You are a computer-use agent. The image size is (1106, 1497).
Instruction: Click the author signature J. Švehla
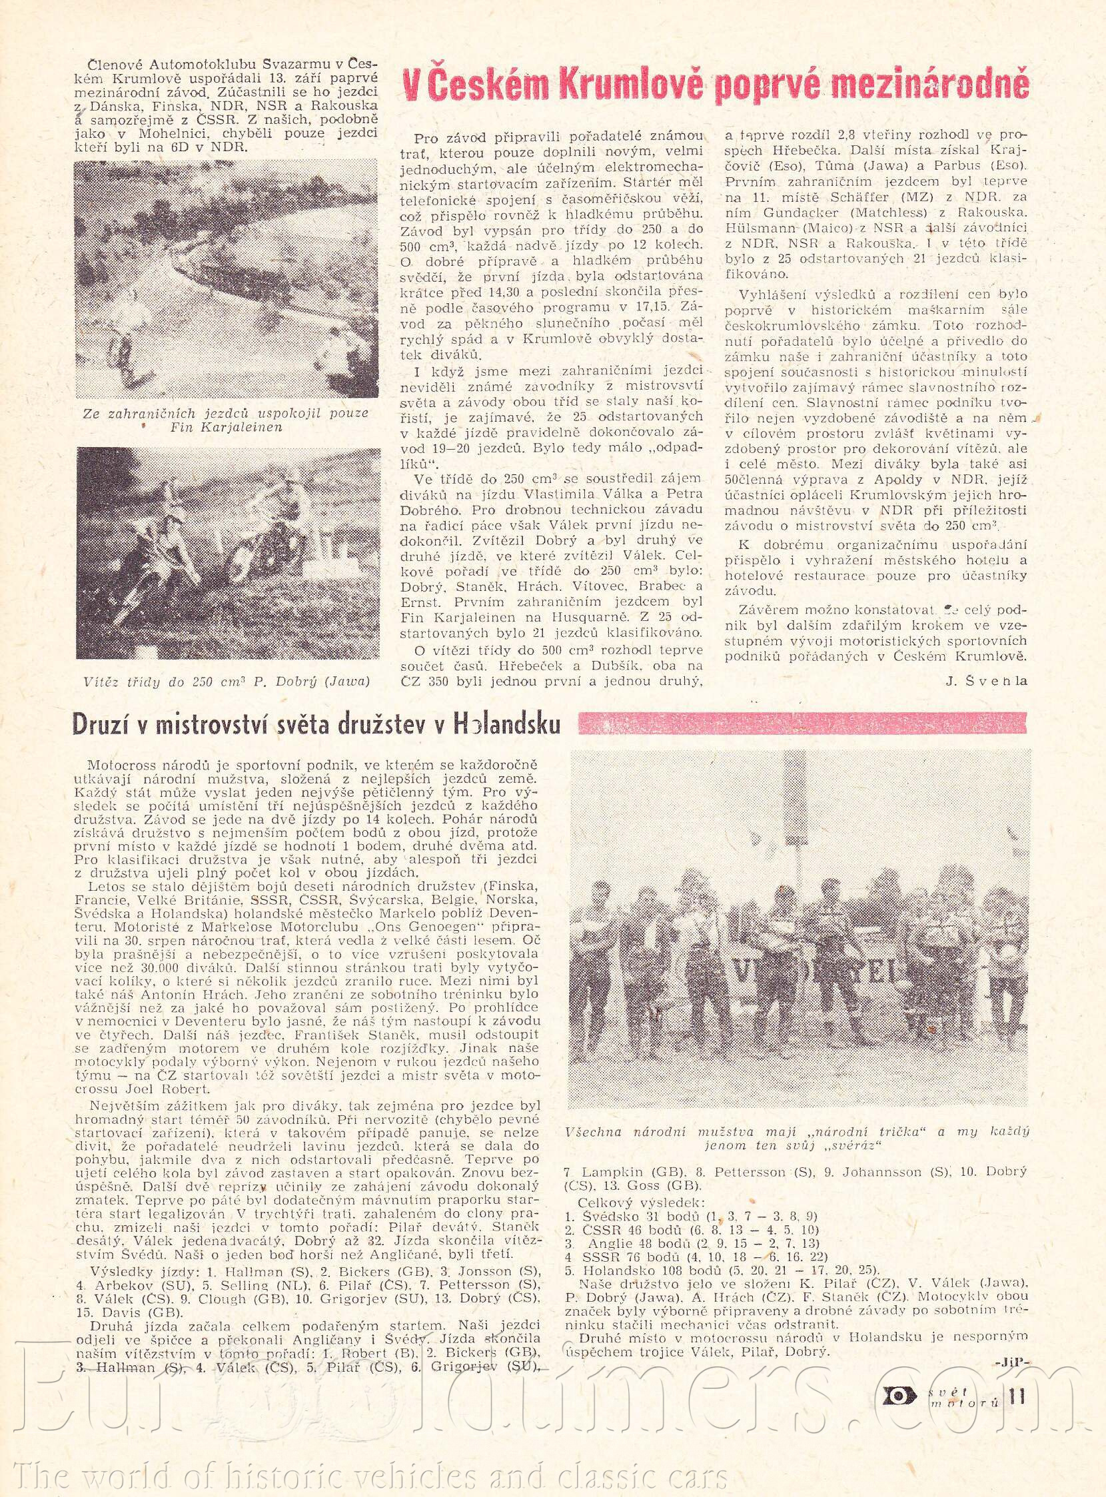pyautogui.click(x=987, y=682)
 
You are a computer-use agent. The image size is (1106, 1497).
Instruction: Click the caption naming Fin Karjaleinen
pyautogui.click(x=225, y=420)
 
